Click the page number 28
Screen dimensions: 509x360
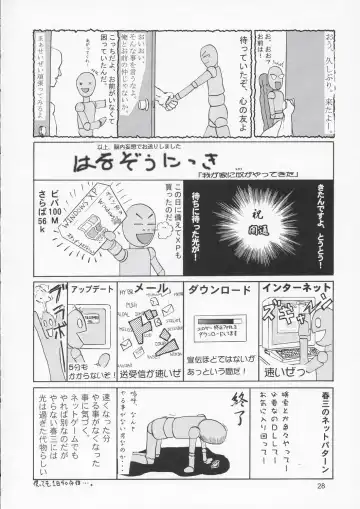[x=318, y=487]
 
